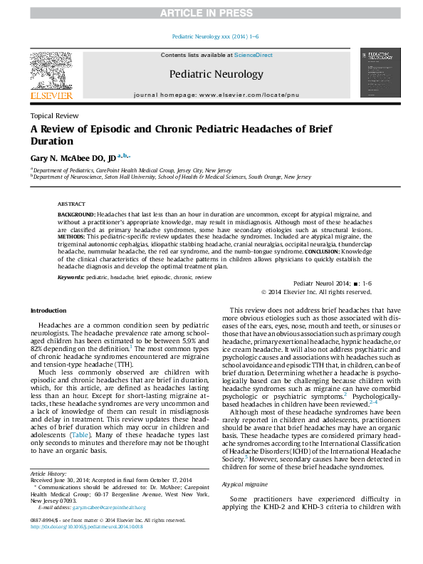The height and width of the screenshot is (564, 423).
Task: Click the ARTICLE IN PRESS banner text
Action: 211,14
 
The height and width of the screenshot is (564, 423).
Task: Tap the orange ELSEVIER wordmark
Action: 51,95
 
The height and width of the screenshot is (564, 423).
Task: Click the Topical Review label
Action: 54,115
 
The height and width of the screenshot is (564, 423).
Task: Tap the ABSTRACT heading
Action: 71,203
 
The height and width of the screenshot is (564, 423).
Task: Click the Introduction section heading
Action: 48,310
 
